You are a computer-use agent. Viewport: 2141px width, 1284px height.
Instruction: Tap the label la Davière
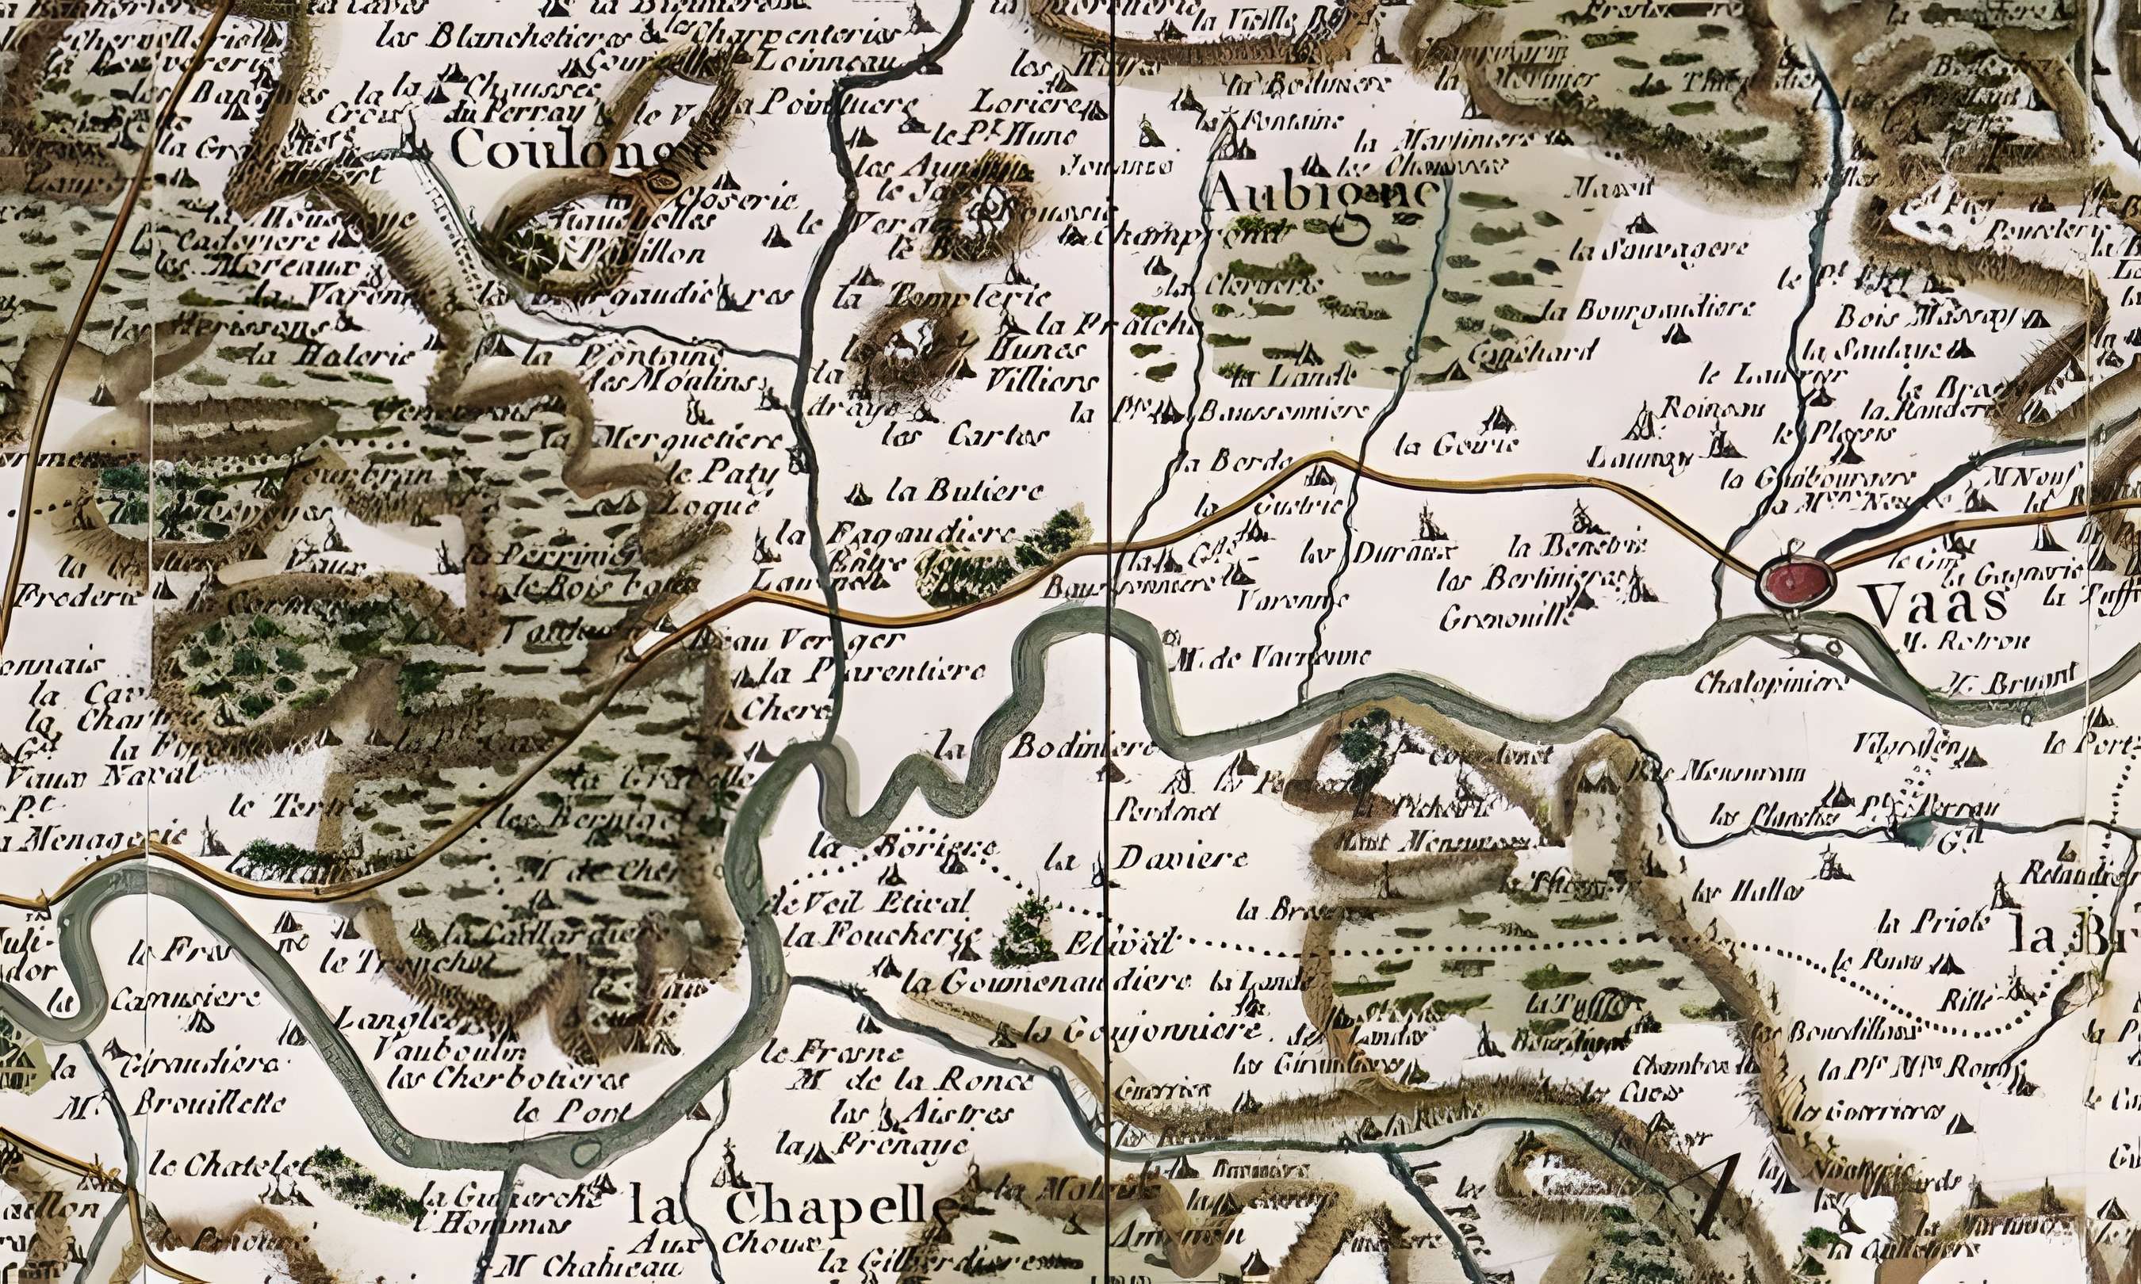pos(1147,859)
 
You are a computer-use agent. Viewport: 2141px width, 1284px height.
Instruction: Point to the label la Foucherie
pos(887,936)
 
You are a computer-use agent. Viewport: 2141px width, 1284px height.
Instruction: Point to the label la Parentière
pos(874,671)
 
